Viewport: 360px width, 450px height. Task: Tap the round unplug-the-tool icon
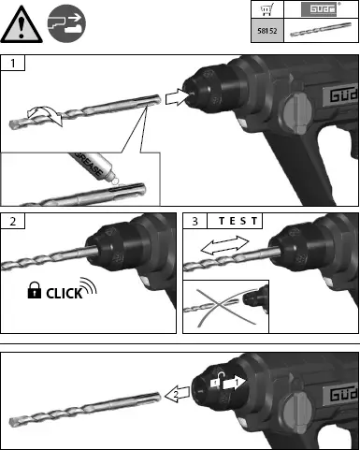click(66, 23)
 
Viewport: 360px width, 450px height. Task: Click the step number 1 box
click(12, 63)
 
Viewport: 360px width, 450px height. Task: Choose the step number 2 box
click(11, 221)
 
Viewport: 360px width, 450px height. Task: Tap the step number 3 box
click(194, 221)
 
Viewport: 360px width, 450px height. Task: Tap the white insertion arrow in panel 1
click(176, 96)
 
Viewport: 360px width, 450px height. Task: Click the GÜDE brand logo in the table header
click(322, 10)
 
